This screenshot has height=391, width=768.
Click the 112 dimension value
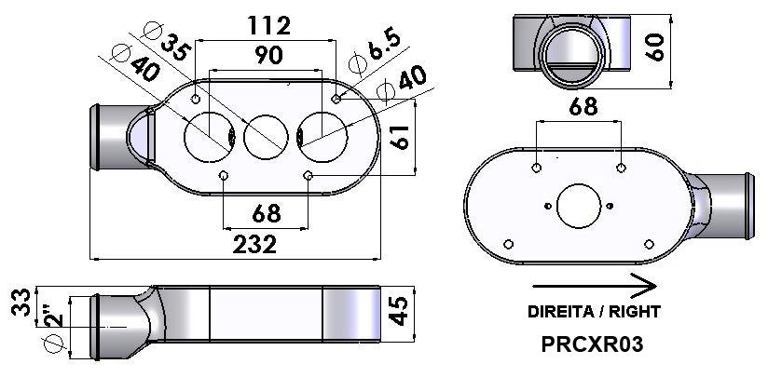point(269,25)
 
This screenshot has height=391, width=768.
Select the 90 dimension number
point(269,55)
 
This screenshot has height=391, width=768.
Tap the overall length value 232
point(254,244)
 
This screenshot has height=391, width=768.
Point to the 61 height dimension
point(400,137)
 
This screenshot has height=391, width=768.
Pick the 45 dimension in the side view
point(399,311)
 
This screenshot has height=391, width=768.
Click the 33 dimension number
point(21,303)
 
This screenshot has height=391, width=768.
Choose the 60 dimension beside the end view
point(654,47)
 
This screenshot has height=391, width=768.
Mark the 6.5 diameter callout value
point(385,45)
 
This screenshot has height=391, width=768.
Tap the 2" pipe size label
point(54,316)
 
